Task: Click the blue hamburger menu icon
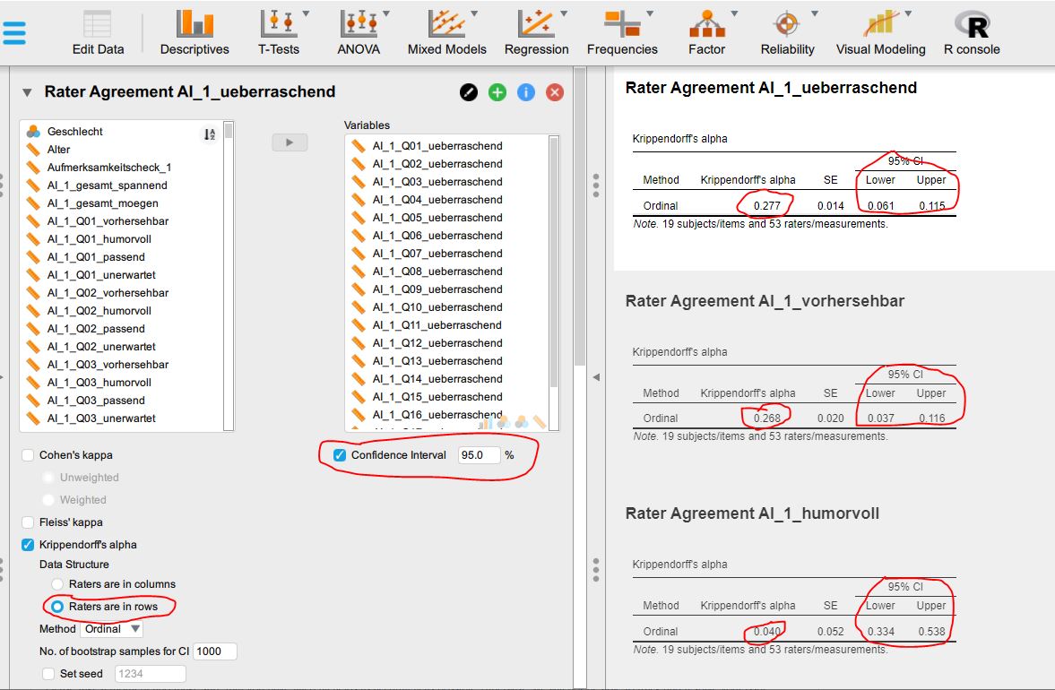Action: [15, 32]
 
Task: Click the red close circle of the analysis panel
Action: [555, 92]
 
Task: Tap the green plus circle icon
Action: [497, 92]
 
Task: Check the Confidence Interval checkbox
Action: [340, 455]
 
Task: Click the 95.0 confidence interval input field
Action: [478, 455]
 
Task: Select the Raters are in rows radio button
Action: [57, 607]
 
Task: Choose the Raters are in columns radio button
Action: [57, 584]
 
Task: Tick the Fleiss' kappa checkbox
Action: [28, 522]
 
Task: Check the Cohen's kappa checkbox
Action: [28, 455]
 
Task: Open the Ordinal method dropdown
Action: [114, 629]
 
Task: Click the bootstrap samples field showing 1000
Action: [214, 651]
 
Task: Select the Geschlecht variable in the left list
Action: [75, 132]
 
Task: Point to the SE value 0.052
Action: [830, 632]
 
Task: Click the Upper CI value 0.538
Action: [931, 632]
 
